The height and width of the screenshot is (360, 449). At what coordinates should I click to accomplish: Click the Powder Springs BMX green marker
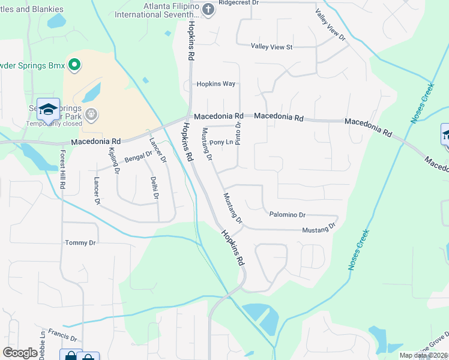[75, 64]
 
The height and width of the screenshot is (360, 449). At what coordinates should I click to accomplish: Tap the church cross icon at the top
[208, 9]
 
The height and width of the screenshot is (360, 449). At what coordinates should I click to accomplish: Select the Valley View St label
[271, 47]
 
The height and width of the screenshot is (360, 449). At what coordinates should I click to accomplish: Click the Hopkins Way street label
[216, 84]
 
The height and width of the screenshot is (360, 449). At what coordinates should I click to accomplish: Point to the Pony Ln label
[220, 143]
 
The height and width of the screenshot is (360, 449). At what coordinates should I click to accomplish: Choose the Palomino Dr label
[288, 214]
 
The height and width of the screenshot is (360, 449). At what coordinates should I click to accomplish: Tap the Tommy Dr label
[80, 243]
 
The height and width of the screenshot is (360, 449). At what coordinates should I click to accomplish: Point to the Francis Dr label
[63, 334]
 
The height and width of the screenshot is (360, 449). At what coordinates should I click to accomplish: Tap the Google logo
[20, 353]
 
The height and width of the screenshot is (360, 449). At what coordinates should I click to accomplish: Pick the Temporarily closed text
[54, 124]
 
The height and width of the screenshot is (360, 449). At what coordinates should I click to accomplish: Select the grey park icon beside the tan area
[91, 113]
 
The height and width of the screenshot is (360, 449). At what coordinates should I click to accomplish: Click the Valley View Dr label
[331, 25]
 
